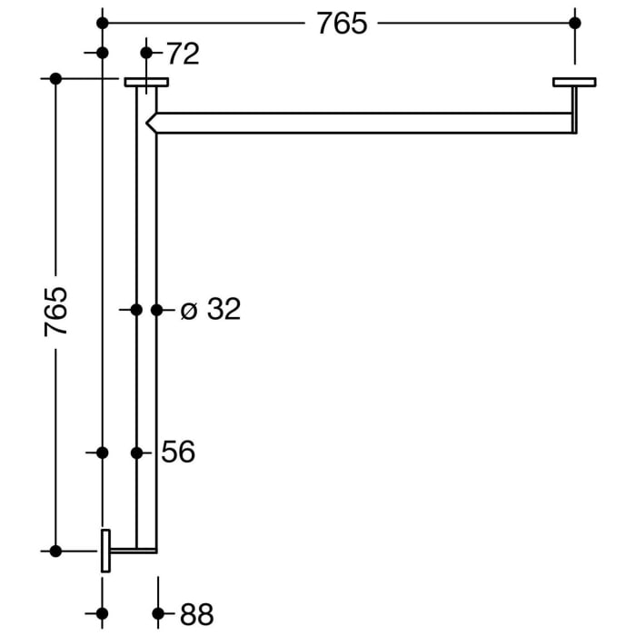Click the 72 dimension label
pyautogui.click(x=182, y=54)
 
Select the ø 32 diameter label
pyautogui.click(x=210, y=310)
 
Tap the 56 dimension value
pyautogui.click(x=178, y=452)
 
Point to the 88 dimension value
pyautogui.click(x=196, y=614)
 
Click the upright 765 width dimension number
pyautogui.click(x=342, y=23)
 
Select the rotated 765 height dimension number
pyautogui.click(x=56, y=311)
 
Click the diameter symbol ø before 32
pyautogui.click(x=188, y=311)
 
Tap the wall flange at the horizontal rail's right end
pyautogui.click(x=574, y=82)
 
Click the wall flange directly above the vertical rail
pyautogui.click(x=146, y=82)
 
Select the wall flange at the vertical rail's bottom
pyautogui.click(x=105, y=551)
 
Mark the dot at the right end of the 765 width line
pyautogui.click(x=574, y=23)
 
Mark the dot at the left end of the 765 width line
pyautogui.click(x=102, y=23)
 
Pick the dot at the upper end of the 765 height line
pyautogui.click(x=55, y=79)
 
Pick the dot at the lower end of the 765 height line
pyautogui.click(x=55, y=551)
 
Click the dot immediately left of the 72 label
pyautogui.click(x=146, y=53)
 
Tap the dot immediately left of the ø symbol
pyautogui.click(x=156, y=310)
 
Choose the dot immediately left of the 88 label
pyautogui.click(x=158, y=613)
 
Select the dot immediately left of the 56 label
pyautogui.click(x=136, y=452)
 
